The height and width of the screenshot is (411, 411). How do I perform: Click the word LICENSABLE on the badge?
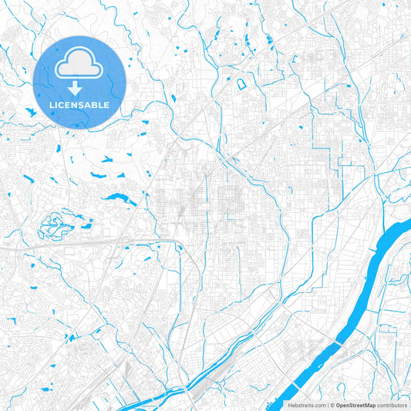tap(79, 104)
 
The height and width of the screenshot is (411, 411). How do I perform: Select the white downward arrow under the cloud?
tap(79, 86)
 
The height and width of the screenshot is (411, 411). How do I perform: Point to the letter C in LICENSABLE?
tap(60, 104)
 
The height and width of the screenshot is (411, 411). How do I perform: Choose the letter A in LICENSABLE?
tap(88, 104)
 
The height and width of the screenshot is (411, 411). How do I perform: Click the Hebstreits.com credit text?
tap(302, 404)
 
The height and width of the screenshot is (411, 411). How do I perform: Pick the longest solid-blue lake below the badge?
tap(116, 197)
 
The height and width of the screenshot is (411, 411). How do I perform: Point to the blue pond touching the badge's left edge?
tap(32, 113)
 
